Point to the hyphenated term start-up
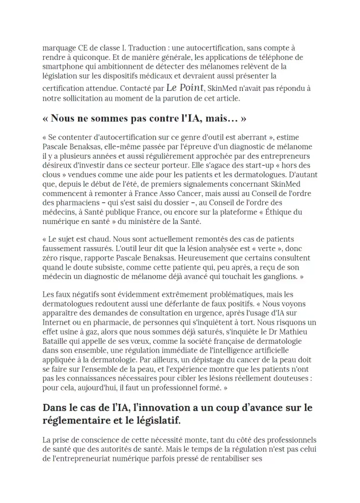[x=267, y=165]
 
